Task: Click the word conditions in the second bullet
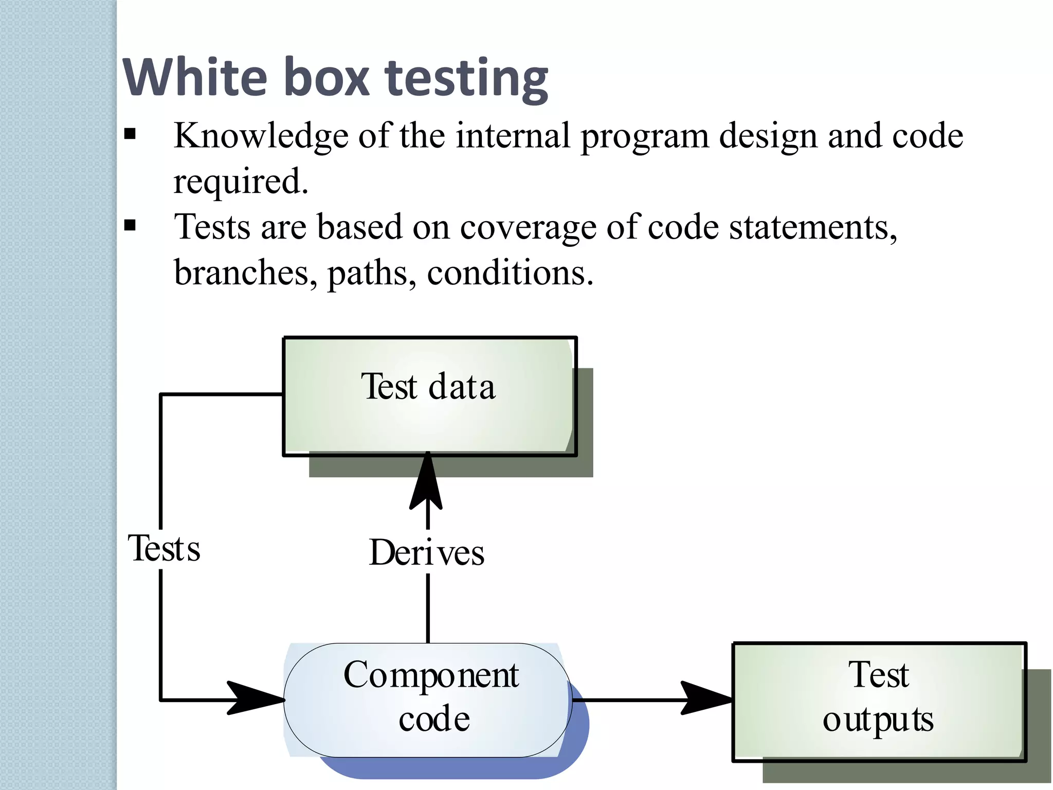pyautogui.click(x=510, y=273)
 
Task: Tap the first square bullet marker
pyautogui.click(x=130, y=135)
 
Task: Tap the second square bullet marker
pyautogui.click(x=130, y=225)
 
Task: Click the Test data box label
pyautogui.click(x=428, y=387)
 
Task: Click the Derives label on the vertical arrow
pyautogui.click(x=427, y=553)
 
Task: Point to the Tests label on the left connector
pyautogui.click(x=164, y=549)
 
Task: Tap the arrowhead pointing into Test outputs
pyautogui.click(x=704, y=698)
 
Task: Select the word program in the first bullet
pyautogui.click(x=644, y=136)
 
